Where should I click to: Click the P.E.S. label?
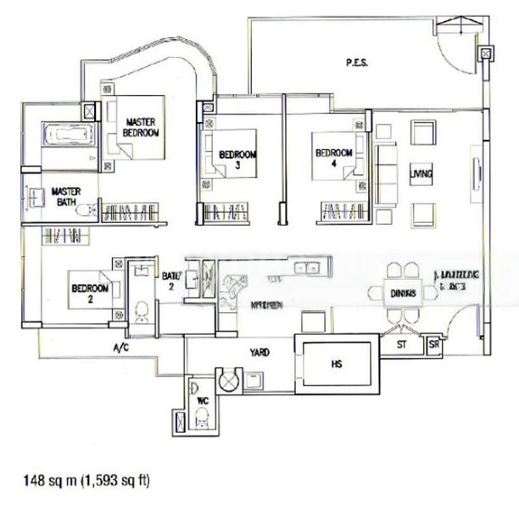(356, 62)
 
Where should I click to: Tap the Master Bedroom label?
(140, 127)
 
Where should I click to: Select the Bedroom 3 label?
(237, 159)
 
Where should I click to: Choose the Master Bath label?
(66, 197)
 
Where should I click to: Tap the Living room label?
(421, 175)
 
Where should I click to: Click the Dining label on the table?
(402, 294)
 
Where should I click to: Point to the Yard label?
(259, 351)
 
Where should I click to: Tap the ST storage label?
(403, 345)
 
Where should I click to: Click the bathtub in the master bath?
(61, 136)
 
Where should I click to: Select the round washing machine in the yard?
(230, 380)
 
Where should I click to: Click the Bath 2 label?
(170, 281)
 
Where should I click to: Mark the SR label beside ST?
(434, 345)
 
